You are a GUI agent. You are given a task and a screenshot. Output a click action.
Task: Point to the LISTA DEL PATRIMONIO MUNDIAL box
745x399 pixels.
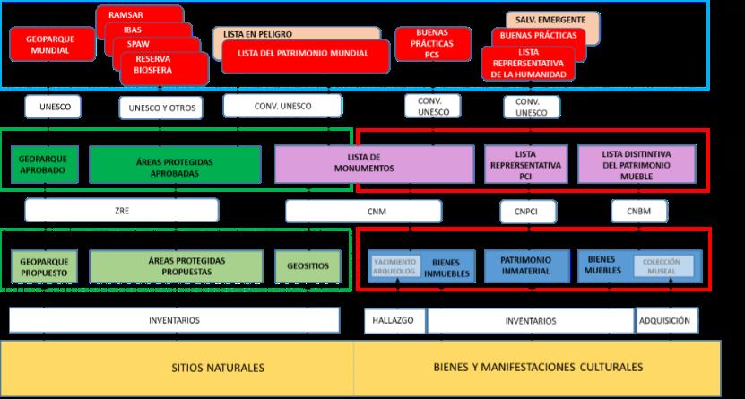[303, 54]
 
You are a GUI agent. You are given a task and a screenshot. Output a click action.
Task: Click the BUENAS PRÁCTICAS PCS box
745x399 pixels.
[432, 43]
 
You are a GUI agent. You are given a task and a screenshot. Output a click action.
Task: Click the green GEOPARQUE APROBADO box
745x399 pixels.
[41, 165]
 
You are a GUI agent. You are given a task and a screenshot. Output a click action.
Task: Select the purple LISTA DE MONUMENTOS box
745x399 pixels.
[375, 163]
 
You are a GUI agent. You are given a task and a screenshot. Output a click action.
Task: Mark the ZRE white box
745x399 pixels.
[121, 211]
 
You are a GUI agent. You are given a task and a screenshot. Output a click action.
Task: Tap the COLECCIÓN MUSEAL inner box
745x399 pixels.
[663, 266]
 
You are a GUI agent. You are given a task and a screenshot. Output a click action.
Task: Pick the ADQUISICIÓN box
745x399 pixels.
[665, 320]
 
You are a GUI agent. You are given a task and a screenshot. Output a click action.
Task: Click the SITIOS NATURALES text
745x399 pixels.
[218, 368]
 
